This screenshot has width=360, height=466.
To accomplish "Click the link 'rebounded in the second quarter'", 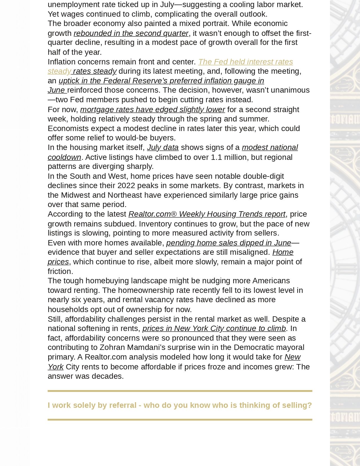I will tap(131, 33).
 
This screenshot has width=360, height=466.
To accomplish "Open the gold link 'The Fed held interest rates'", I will tap(245, 62).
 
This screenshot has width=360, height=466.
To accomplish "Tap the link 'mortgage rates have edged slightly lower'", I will tap(152, 110).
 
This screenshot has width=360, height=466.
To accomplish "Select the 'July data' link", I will tap(163, 147).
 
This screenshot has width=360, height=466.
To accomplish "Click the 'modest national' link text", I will tap(270, 147).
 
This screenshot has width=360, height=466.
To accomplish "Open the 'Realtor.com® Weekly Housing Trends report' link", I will tap(207, 214).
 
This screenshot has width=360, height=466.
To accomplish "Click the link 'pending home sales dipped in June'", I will tap(228, 243).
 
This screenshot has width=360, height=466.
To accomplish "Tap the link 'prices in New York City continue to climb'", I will tap(214, 328).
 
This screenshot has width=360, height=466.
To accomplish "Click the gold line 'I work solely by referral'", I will tap(180, 405).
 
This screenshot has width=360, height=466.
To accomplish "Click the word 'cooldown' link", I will tap(64, 157).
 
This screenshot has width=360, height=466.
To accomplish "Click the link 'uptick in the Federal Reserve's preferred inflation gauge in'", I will tap(161, 81).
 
